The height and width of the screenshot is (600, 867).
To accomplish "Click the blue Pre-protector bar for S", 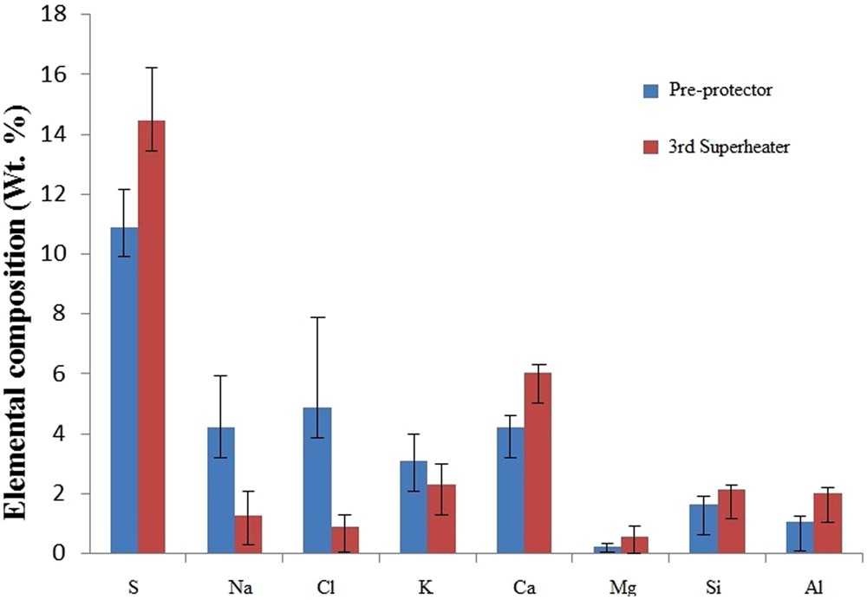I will coord(123,390).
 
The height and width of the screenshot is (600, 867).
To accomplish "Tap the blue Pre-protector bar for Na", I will coord(220,490).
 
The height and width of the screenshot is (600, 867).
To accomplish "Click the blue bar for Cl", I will coord(316,480).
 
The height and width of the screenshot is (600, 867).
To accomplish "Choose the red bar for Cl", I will coord(344,539).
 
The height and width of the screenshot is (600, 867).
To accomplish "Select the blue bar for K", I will coord(414,507).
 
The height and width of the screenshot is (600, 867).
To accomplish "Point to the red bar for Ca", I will coord(538,463).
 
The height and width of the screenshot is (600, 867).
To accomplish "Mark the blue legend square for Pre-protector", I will coord(649,90).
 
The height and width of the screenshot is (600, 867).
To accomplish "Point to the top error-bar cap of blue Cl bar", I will coord(316,317).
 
